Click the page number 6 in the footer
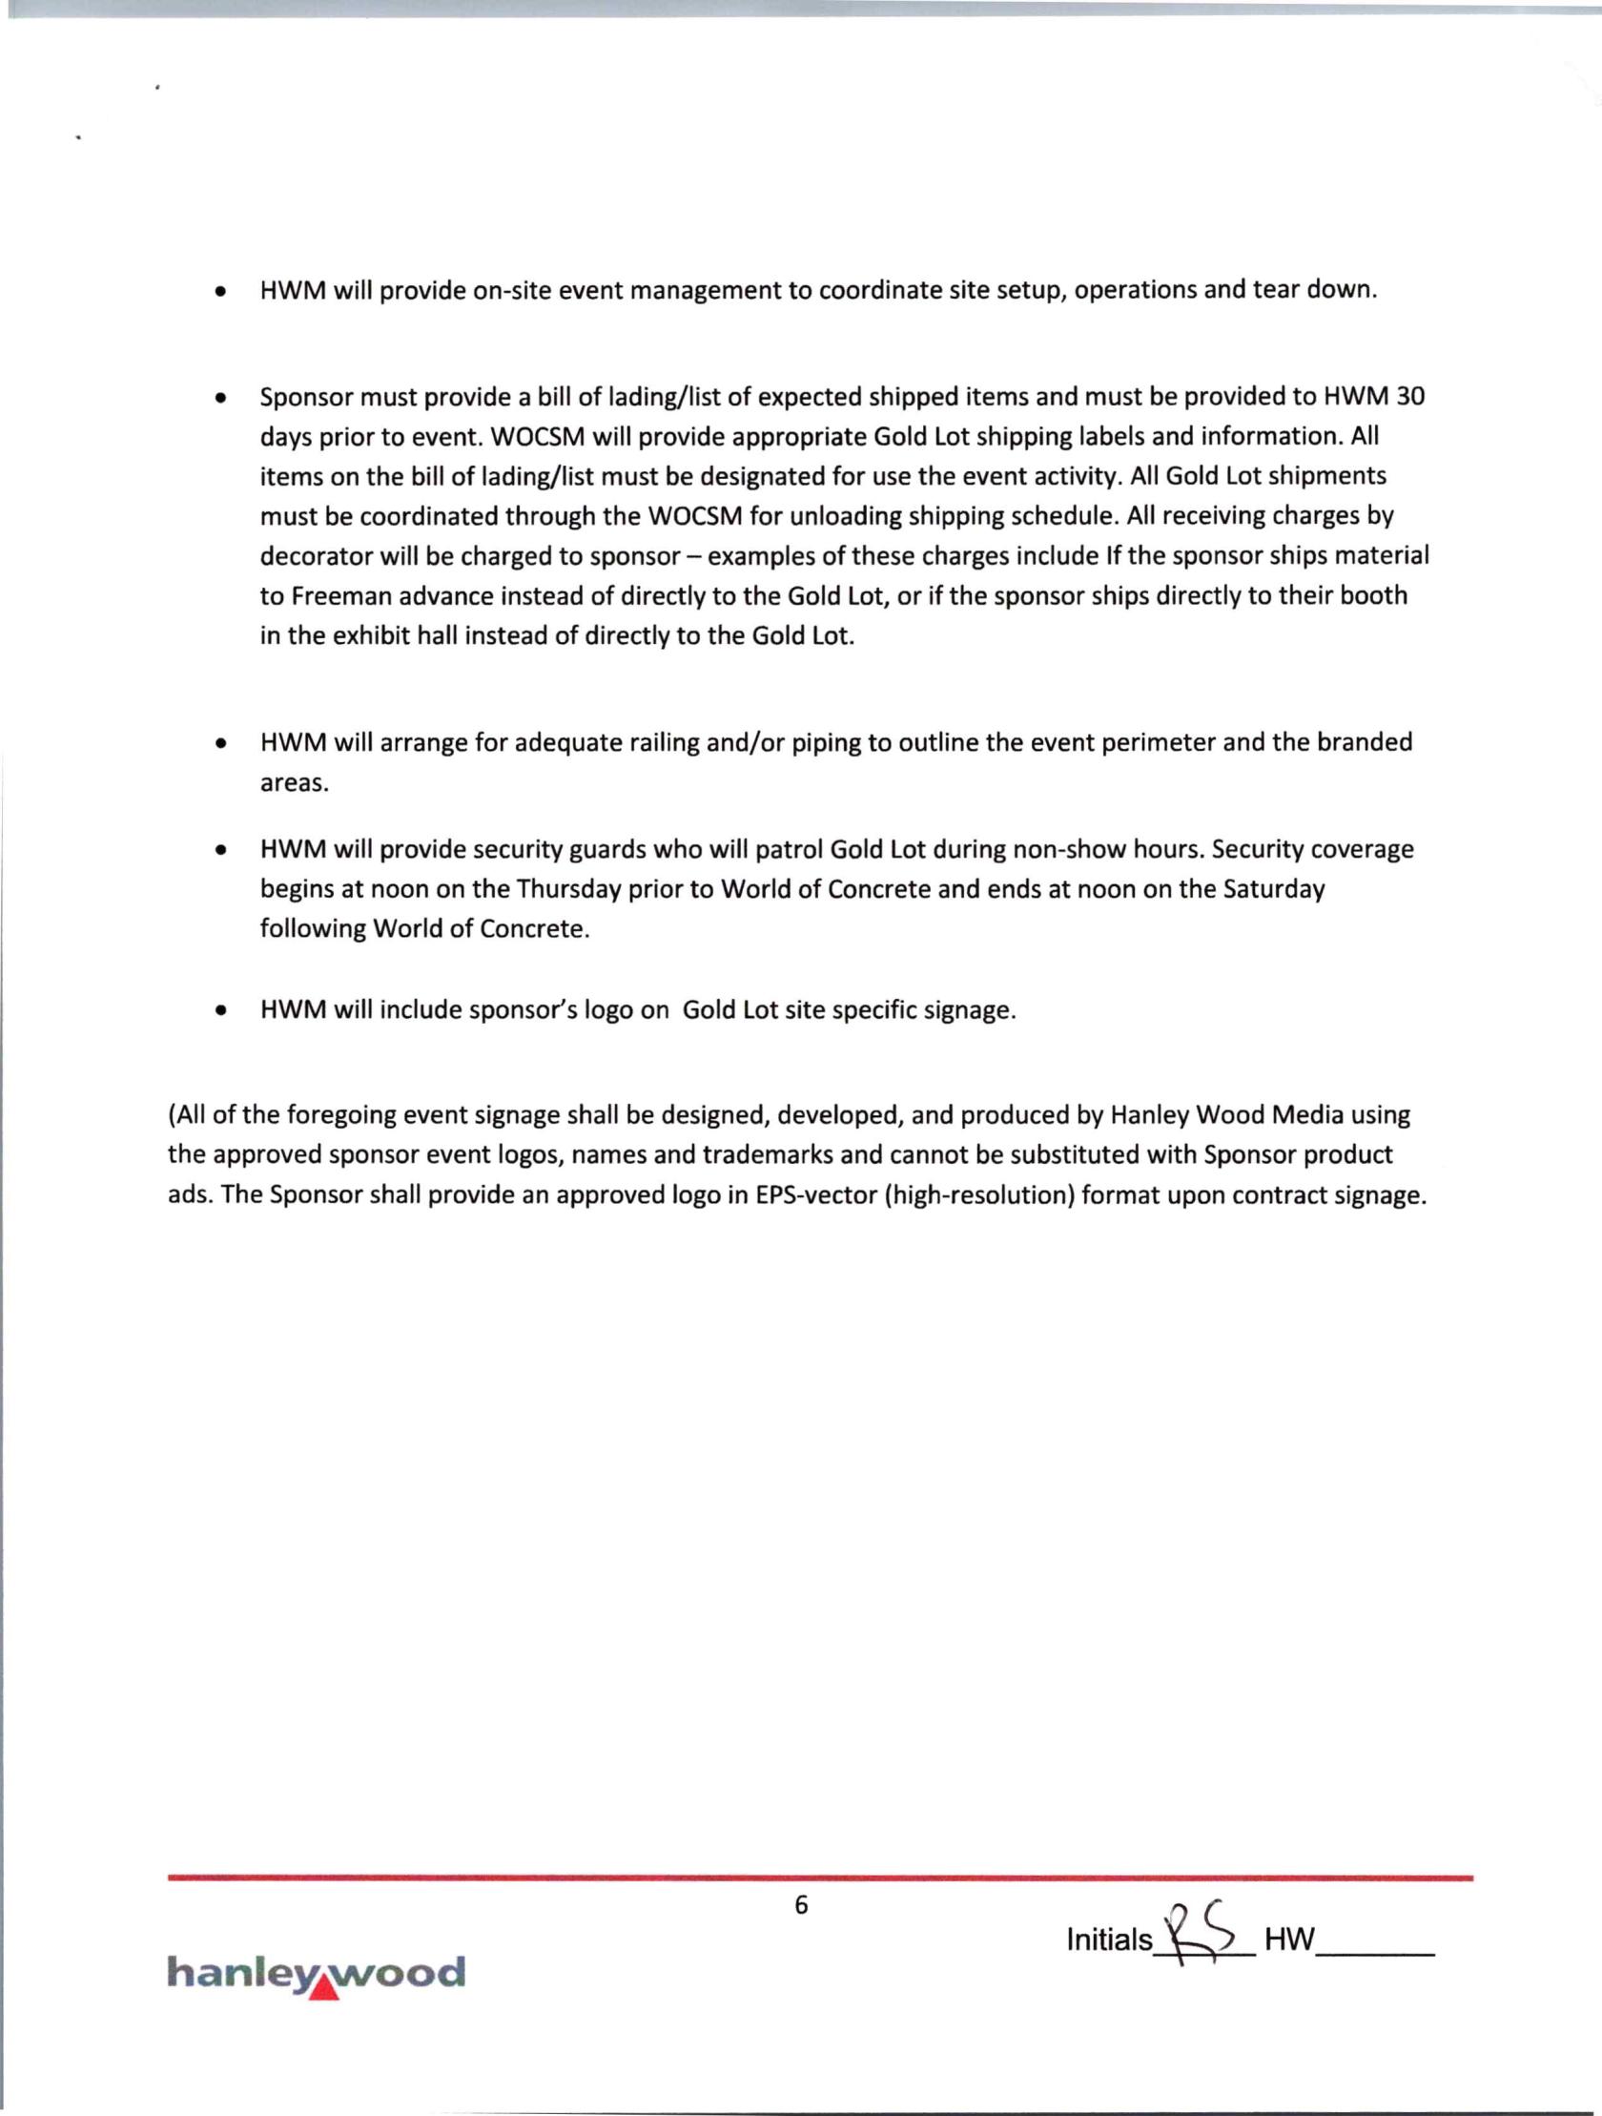coord(800,1904)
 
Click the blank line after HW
coord(1375,1948)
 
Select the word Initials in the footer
coord(1109,1940)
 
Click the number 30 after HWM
coord(1410,396)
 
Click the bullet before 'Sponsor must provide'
coord(221,397)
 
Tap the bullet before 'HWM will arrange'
coord(221,743)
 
